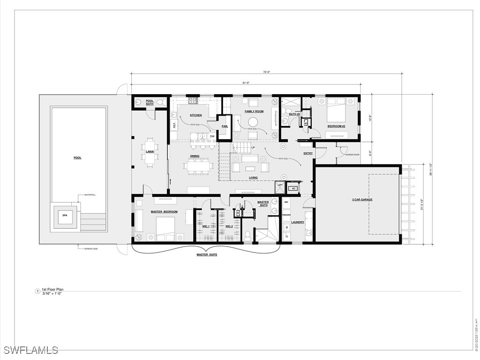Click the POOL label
(77, 158)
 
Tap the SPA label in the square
(65, 216)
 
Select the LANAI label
(150, 151)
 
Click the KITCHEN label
(195, 115)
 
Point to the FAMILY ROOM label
(254, 112)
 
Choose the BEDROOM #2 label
(336, 126)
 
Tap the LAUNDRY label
(298, 222)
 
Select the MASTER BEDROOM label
(164, 212)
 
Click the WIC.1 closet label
(205, 226)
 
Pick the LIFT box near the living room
(280, 186)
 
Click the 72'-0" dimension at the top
(267, 72)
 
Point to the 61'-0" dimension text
(246, 83)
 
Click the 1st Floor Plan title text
(52, 290)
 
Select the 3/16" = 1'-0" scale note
(53, 294)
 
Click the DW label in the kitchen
(212, 136)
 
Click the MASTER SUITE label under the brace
(207, 255)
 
